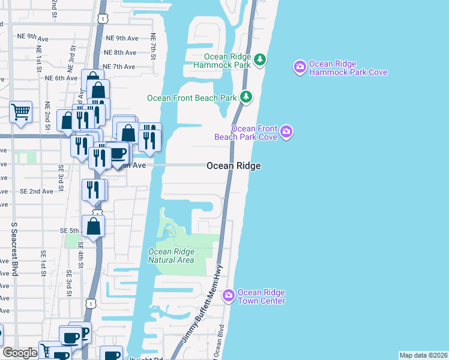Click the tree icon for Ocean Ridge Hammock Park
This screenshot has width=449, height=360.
coord(260,59)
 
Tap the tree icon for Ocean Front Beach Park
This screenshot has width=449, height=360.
coord(246,97)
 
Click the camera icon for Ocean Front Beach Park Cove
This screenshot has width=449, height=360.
coord(286,132)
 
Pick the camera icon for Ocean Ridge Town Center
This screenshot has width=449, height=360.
coord(228,295)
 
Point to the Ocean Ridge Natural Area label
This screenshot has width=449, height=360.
coord(171,256)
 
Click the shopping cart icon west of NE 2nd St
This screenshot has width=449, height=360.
coord(20,111)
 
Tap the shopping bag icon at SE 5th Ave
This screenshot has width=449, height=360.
coord(94,226)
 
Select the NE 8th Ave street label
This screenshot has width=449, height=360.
coord(120,53)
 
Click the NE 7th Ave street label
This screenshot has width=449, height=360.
coord(119,67)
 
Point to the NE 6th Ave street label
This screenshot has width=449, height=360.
coord(62,78)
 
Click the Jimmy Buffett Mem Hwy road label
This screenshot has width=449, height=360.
coord(204,306)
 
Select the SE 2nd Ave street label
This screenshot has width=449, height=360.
coord(37,191)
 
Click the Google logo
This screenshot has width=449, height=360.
coord(20,353)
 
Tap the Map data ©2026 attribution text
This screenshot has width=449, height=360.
coord(423,355)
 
